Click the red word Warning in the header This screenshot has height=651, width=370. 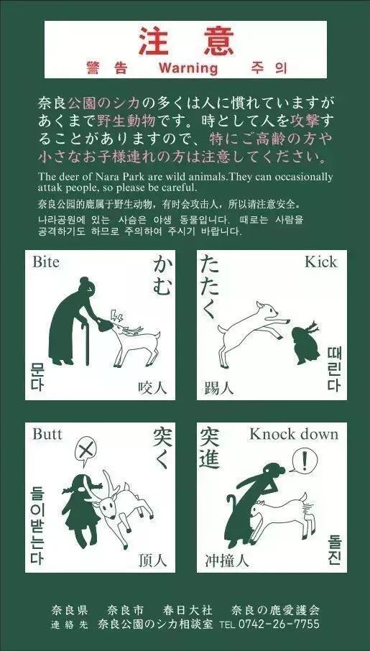click(x=188, y=68)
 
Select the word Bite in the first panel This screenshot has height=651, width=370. click(x=46, y=262)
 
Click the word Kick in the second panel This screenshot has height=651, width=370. click(x=320, y=262)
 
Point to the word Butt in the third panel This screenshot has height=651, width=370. click(x=47, y=434)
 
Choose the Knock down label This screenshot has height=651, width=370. click(x=294, y=434)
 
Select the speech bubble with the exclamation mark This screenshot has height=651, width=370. click(x=305, y=460)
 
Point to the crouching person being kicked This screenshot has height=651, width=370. click(x=306, y=343)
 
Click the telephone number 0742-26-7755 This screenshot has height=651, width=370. click(x=279, y=624)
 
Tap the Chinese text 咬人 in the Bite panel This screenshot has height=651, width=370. click(x=152, y=388)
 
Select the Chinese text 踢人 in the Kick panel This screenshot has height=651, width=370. click(x=219, y=388)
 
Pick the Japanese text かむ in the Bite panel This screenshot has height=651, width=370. click(x=162, y=276)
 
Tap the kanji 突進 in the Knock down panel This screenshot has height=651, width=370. click(x=210, y=448)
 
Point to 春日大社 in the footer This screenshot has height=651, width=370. click(x=188, y=610)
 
